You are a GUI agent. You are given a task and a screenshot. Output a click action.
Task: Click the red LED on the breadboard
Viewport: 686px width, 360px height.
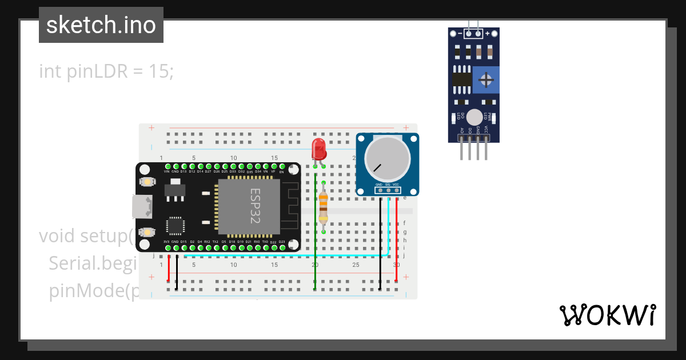point(319,149)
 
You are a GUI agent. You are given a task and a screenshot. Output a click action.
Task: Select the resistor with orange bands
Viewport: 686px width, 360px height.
point(324,207)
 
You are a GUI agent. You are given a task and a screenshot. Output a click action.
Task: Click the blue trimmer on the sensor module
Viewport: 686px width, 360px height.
point(486,80)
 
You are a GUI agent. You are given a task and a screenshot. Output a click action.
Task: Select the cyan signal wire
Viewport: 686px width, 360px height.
point(286,255)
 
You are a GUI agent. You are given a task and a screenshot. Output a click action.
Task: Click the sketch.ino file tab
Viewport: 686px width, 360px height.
point(101,25)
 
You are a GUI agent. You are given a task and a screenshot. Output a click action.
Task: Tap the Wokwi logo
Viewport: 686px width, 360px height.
point(607,315)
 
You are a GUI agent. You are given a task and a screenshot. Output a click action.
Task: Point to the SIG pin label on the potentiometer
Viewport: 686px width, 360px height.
point(388,185)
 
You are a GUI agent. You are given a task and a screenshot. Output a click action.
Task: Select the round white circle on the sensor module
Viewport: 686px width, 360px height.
point(474,117)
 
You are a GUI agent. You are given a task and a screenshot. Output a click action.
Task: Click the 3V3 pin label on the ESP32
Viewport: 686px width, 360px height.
point(166,242)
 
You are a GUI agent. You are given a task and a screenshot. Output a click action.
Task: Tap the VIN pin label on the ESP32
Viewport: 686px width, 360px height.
point(167,171)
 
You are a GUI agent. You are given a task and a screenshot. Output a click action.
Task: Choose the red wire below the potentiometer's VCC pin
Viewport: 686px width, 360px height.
point(397,240)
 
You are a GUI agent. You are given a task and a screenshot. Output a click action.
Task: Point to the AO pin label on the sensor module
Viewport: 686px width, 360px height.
point(461,131)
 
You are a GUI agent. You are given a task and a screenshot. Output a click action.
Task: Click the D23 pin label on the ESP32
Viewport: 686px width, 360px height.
point(282,242)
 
